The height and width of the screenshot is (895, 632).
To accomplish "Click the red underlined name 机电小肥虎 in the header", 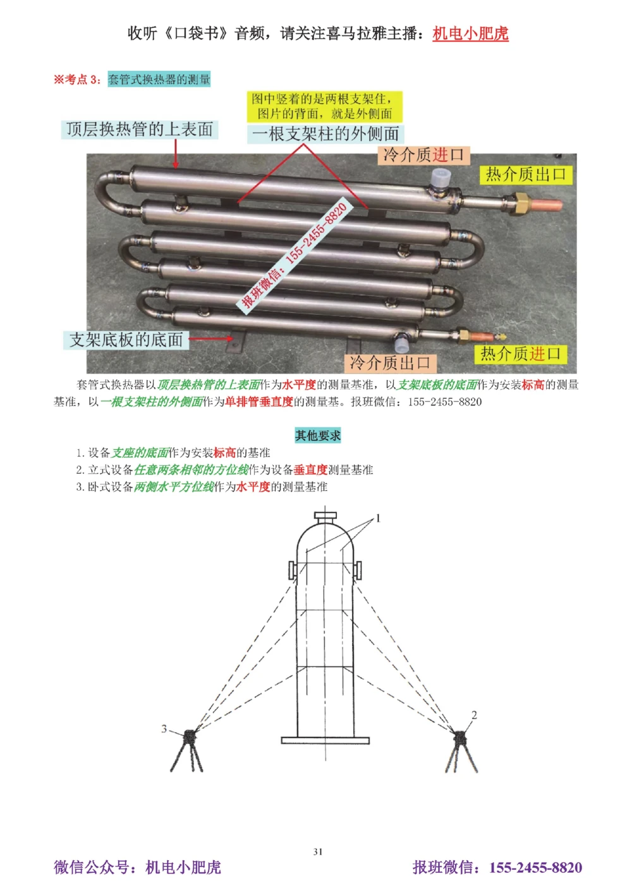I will tap(470, 34).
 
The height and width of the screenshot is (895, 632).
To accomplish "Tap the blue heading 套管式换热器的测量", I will tap(159, 80).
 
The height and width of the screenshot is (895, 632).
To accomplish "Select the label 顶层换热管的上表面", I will tap(140, 129).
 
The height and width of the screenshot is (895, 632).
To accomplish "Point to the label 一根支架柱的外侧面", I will tap(325, 134).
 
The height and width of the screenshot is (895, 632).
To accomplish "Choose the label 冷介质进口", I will tap(423, 155).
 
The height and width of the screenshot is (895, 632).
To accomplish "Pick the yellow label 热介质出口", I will tap(525, 175).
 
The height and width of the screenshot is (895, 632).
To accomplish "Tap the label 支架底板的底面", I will tap(126, 340).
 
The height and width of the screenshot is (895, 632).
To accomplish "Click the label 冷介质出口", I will tap(390, 363).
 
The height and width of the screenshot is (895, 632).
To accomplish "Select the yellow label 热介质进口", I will tap(520, 354).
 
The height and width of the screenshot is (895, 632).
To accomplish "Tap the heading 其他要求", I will tap(317, 435).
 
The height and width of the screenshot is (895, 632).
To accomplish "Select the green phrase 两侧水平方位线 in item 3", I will tap(174, 487).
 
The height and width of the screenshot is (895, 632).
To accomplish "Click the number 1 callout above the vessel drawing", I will tap(378, 519).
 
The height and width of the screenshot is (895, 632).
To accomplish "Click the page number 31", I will tap(318, 852).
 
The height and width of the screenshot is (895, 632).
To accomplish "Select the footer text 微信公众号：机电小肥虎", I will tap(138, 867).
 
